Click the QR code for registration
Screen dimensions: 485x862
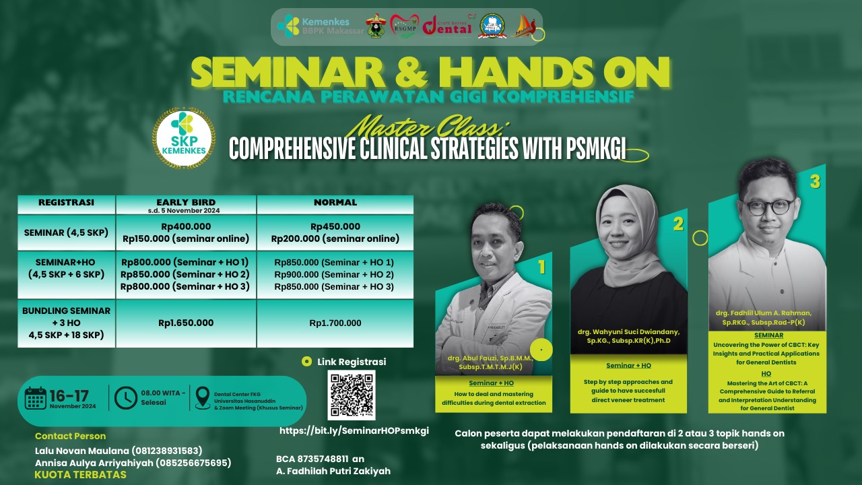coord(351,395)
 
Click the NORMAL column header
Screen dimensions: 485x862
coord(335,202)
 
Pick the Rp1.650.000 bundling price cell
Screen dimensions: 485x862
coord(186,323)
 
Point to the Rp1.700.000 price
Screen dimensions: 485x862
coord(335,323)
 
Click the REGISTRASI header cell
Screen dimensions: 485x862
coord(66,202)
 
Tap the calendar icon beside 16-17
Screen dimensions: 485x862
coord(35,398)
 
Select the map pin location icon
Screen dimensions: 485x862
coord(202,398)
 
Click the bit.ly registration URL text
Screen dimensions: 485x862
coord(354,430)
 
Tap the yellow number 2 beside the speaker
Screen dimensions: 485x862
coord(678,224)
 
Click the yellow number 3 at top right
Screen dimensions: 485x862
coord(815,181)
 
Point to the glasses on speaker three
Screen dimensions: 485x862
coord(768,205)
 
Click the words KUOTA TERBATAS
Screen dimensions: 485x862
coord(80,475)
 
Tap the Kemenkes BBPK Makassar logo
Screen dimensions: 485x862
coord(320,26)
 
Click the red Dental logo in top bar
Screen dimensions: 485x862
coord(447,26)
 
